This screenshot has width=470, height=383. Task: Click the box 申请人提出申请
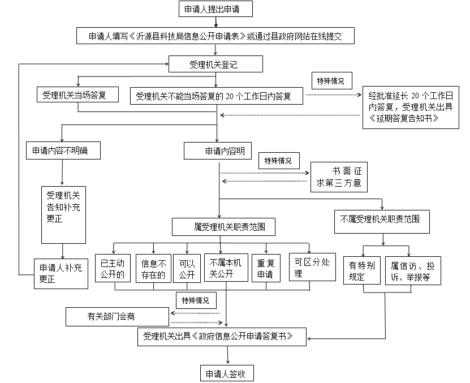(x=215, y=9)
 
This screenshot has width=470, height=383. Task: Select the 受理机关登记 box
(x=215, y=64)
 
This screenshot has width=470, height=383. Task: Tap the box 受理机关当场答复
(x=77, y=94)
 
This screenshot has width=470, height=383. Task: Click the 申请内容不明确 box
(x=63, y=150)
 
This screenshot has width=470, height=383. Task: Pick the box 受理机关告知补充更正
(x=63, y=215)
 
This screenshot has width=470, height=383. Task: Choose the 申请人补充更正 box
(x=61, y=273)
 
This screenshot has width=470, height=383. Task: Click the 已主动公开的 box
(x=113, y=268)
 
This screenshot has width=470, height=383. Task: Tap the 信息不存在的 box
(x=153, y=268)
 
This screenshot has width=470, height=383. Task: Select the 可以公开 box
(x=187, y=268)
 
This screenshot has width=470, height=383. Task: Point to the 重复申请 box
(x=266, y=268)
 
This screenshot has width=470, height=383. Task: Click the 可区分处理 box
(x=312, y=267)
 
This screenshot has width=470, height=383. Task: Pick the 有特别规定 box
(x=362, y=270)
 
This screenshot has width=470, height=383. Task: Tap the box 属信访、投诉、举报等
(x=413, y=270)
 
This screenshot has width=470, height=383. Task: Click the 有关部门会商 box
(x=117, y=317)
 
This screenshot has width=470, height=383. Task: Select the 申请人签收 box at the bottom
(x=227, y=373)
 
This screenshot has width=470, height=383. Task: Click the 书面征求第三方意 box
(x=339, y=177)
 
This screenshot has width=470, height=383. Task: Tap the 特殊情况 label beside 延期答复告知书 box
(x=332, y=81)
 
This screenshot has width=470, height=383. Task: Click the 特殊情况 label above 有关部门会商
(x=196, y=300)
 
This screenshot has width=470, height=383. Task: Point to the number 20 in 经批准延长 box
(x=415, y=96)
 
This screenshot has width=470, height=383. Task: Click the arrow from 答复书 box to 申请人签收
(x=228, y=355)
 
